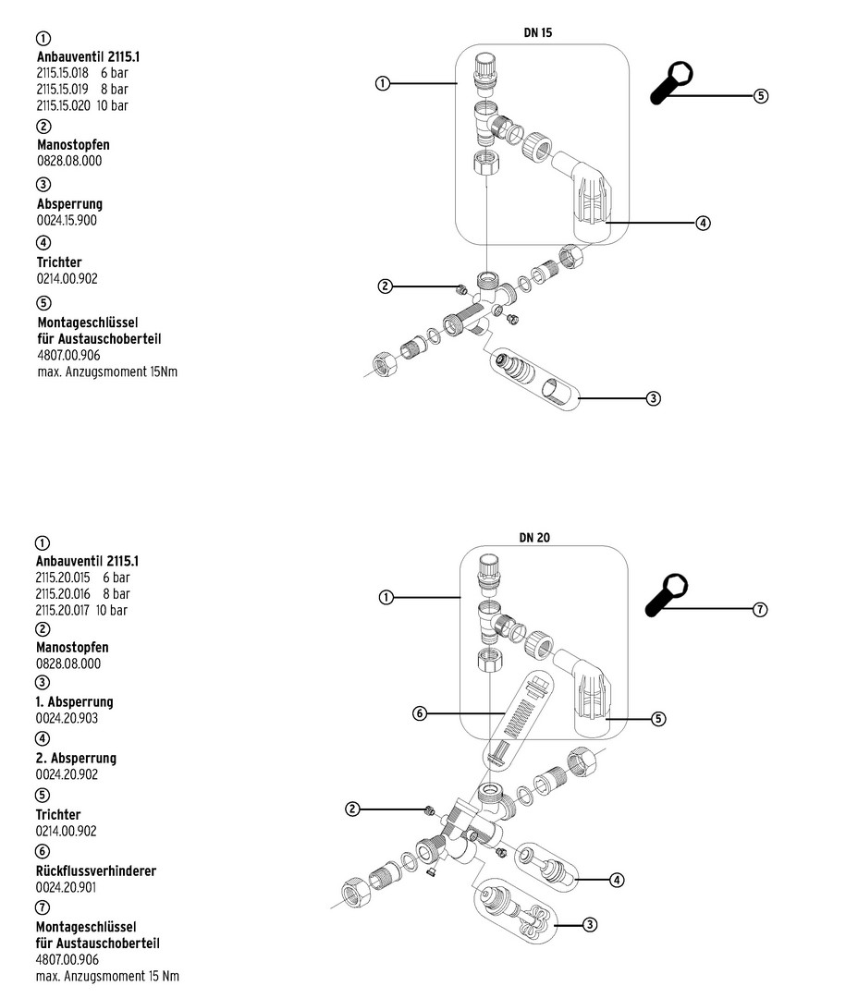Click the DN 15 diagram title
click(538, 32)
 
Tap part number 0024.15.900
click(67, 220)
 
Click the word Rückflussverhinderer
click(96, 870)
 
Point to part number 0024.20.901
click(67, 887)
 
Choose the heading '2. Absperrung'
click(76, 758)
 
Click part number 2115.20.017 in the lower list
click(63, 610)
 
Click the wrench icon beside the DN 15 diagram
click(672, 84)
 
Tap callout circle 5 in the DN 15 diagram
click(761, 95)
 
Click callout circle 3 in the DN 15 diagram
click(653, 398)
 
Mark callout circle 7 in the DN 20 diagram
click(761, 609)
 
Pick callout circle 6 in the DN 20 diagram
click(420, 713)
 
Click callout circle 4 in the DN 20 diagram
click(617, 880)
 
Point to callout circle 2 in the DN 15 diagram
click(385, 286)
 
